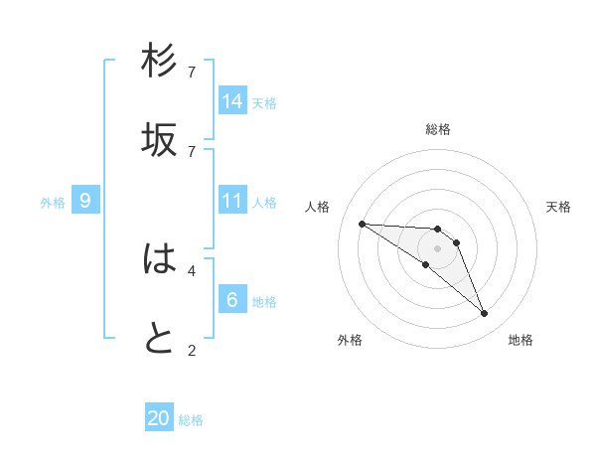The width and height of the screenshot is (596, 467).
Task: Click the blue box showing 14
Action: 232,101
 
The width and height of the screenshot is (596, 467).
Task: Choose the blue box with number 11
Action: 232,201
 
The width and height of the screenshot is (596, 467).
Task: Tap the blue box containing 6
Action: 232,300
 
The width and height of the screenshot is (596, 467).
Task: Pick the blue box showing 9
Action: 85,201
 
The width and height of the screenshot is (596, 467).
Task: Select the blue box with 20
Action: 159,418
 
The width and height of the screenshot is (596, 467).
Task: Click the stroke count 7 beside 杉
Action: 192,73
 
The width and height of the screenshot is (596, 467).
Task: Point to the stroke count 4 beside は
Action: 192,269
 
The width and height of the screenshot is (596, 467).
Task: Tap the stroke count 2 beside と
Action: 192,349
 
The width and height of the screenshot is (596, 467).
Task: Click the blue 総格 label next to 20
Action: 191,420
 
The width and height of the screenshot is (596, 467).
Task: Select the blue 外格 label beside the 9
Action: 53,203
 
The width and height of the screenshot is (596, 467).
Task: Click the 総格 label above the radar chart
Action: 438,129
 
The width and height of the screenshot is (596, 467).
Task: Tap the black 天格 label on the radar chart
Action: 558,207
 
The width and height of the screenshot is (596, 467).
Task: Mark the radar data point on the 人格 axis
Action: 362,224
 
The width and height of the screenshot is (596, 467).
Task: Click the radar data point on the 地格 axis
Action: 484,314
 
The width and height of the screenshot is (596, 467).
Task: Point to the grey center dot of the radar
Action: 437,248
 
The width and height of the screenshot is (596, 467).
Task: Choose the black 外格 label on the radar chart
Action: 350,340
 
